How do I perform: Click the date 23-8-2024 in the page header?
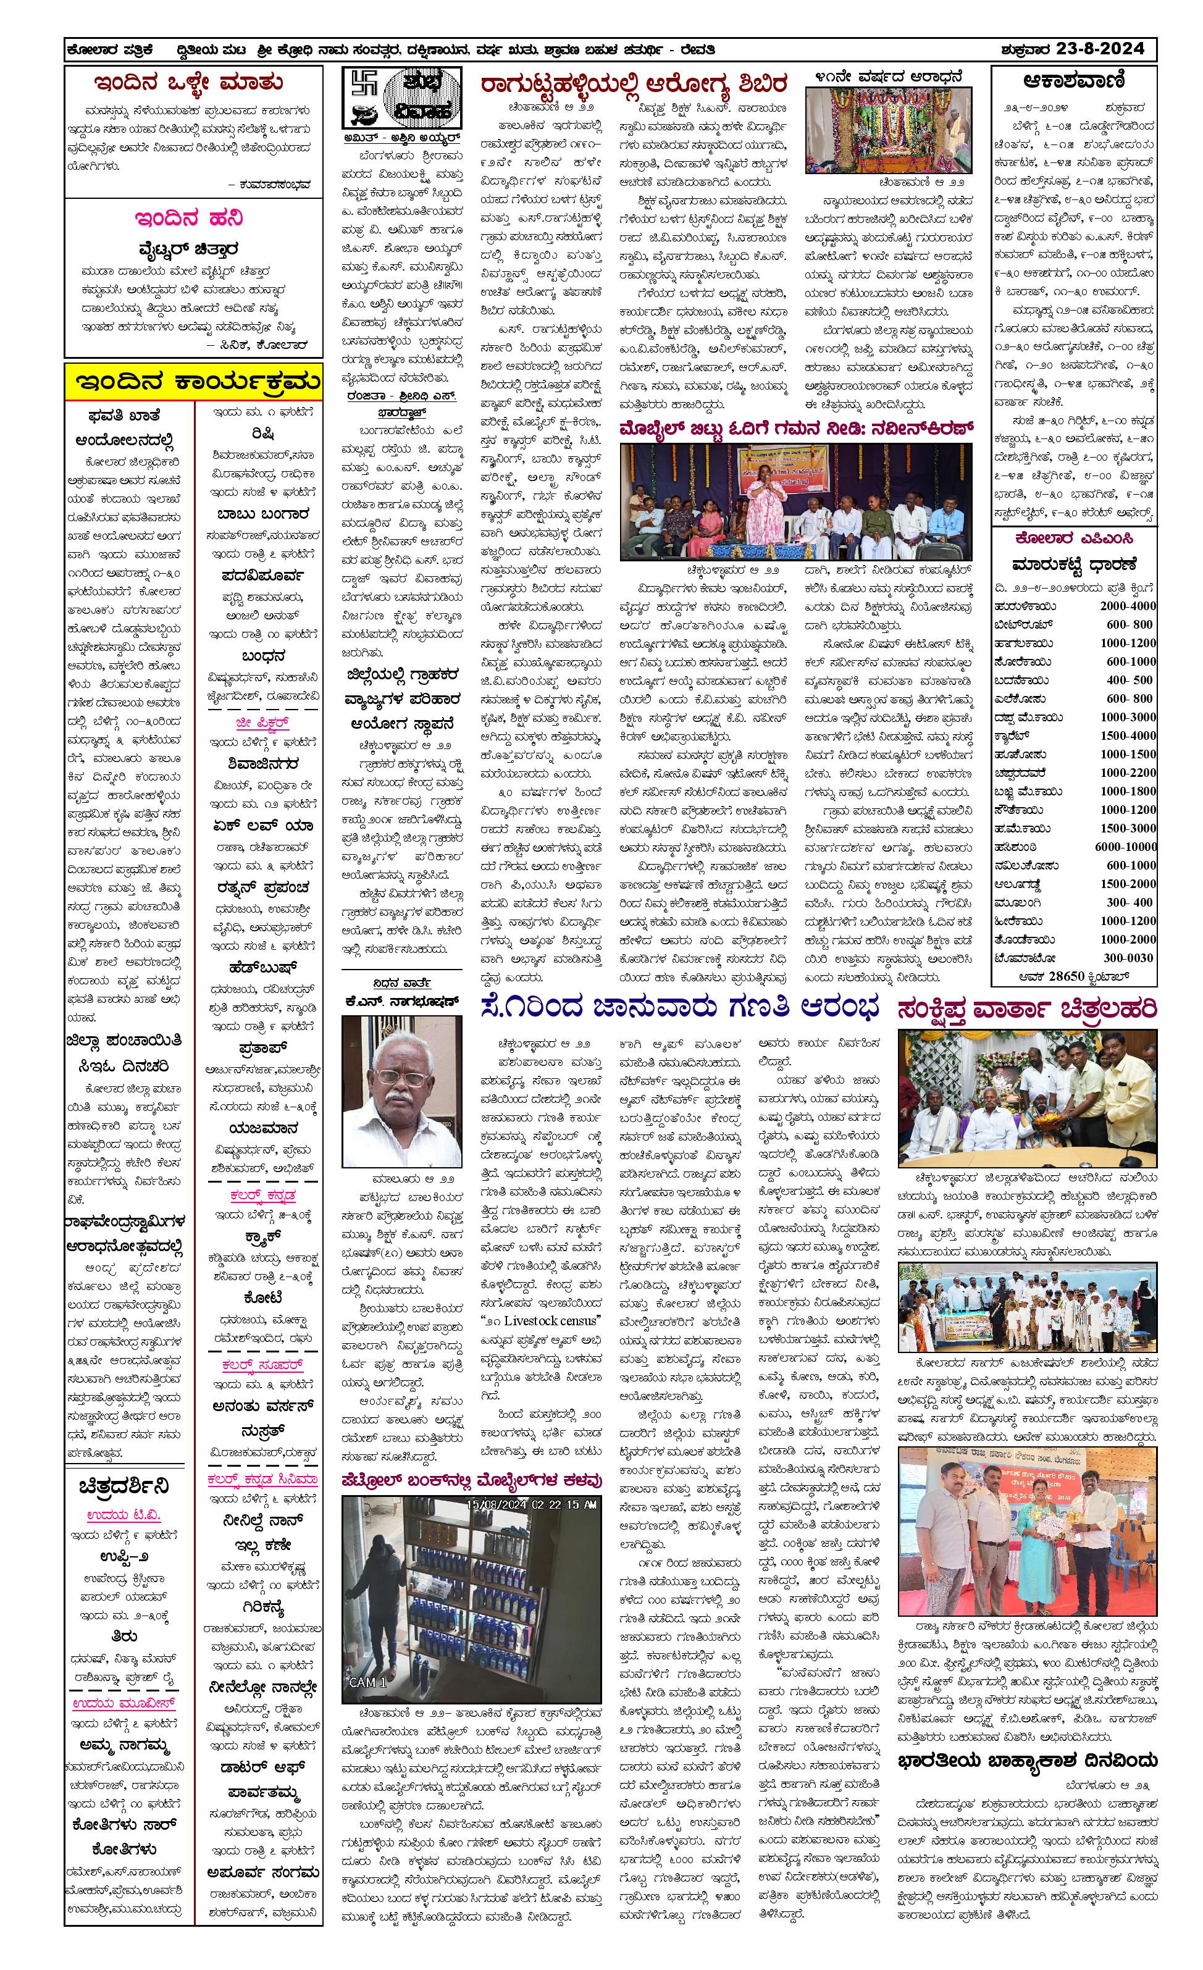(1100, 49)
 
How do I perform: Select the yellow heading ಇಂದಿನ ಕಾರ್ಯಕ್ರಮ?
(195, 382)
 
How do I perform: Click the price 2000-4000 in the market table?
(1127, 606)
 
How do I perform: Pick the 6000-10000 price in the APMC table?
(1125, 847)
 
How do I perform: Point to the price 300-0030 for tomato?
(1128, 958)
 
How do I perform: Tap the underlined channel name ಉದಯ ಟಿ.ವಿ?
(124, 1515)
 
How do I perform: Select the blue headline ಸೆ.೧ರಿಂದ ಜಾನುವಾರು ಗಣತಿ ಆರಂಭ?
(679, 1007)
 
